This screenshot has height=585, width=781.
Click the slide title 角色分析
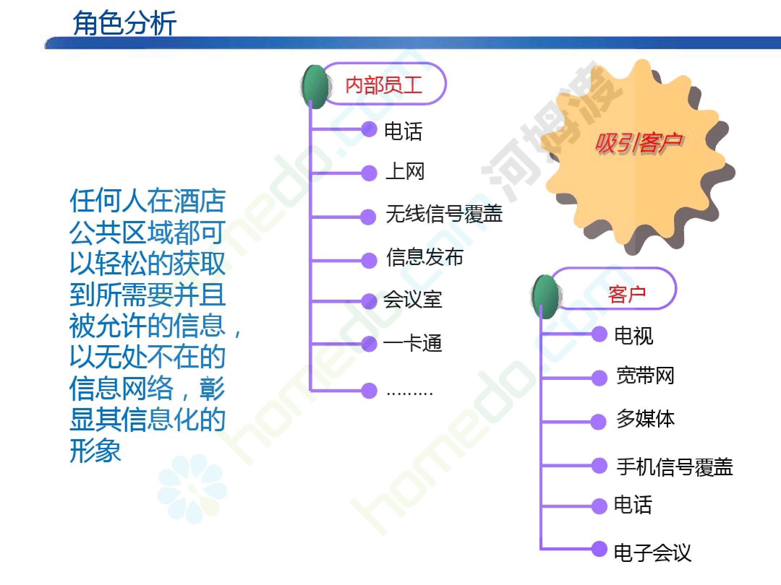coord(124,23)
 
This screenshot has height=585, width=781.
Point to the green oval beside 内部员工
coord(315,87)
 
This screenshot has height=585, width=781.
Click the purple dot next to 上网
coord(369,173)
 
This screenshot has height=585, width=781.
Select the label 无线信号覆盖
coord(444,214)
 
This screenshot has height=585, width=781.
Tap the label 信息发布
coord(424,257)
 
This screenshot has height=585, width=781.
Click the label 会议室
coord(413,300)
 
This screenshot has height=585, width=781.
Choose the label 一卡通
coord(413,343)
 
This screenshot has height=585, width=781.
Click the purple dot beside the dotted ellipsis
coord(369,391)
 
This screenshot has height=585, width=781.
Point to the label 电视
coord(633,335)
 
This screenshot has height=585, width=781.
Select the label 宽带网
coord(645,376)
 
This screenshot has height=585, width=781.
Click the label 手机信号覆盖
coord(675,467)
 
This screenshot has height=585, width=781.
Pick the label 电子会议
coord(653,552)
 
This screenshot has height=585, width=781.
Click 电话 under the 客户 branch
coord(633,504)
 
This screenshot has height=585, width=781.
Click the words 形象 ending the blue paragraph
coord(95,451)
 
